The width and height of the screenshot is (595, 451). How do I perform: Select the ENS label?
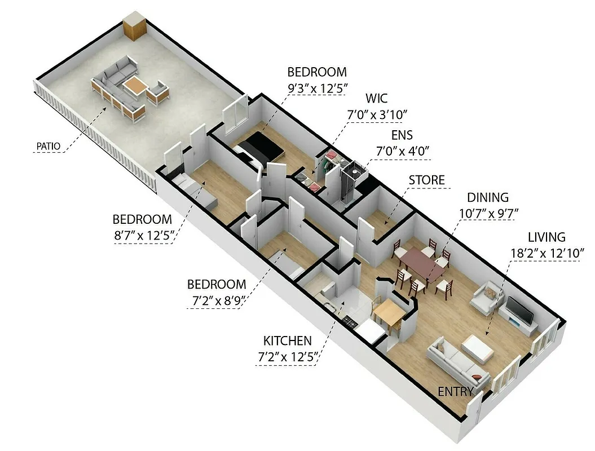pyautogui.click(x=402, y=135)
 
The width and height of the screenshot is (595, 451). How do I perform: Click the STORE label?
pyautogui.click(x=426, y=180)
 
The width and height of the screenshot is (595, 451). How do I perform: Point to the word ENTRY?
pyautogui.click(x=456, y=391)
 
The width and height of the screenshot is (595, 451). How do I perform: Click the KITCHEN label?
pyautogui.click(x=287, y=341)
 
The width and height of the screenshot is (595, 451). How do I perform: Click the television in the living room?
pyautogui.click(x=518, y=311)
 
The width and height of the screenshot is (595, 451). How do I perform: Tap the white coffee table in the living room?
pyautogui.click(x=478, y=348)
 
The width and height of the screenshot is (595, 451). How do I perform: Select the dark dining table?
pyautogui.click(x=422, y=264)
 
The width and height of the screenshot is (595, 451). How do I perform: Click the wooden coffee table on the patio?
pyautogui.click(x=136, y=86)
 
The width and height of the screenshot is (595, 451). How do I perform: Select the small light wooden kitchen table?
pyautogui.click(x=389, y=311)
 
